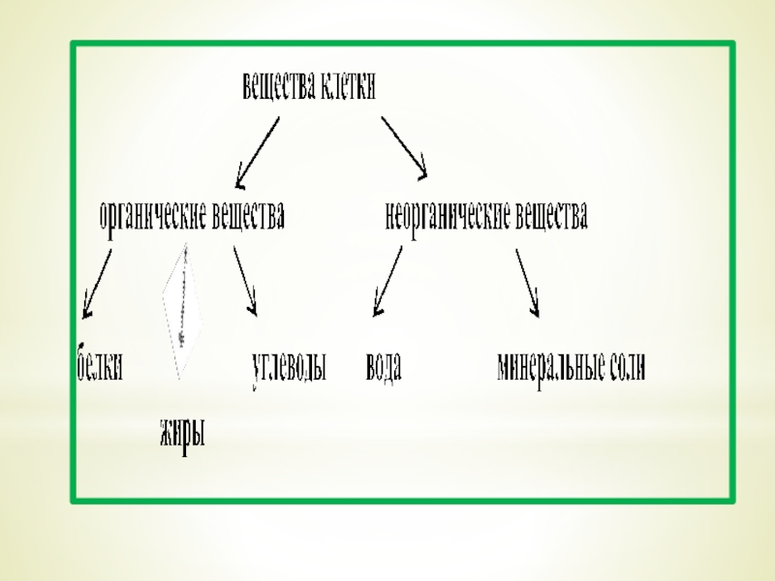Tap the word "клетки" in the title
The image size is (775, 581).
[x=346, y=88]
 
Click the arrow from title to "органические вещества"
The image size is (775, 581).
[x=258, y=151]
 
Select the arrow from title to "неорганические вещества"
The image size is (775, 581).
[x=404, y=147]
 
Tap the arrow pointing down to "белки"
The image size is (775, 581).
[x=97, y=282]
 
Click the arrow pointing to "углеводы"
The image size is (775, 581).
[x=245, y=281]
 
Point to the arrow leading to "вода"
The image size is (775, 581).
[x=387, y=281]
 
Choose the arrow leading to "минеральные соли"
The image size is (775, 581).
[x=527, y=282]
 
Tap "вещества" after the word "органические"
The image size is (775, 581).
[x=248, y=215]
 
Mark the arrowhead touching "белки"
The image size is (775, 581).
[x=86, y=311]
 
